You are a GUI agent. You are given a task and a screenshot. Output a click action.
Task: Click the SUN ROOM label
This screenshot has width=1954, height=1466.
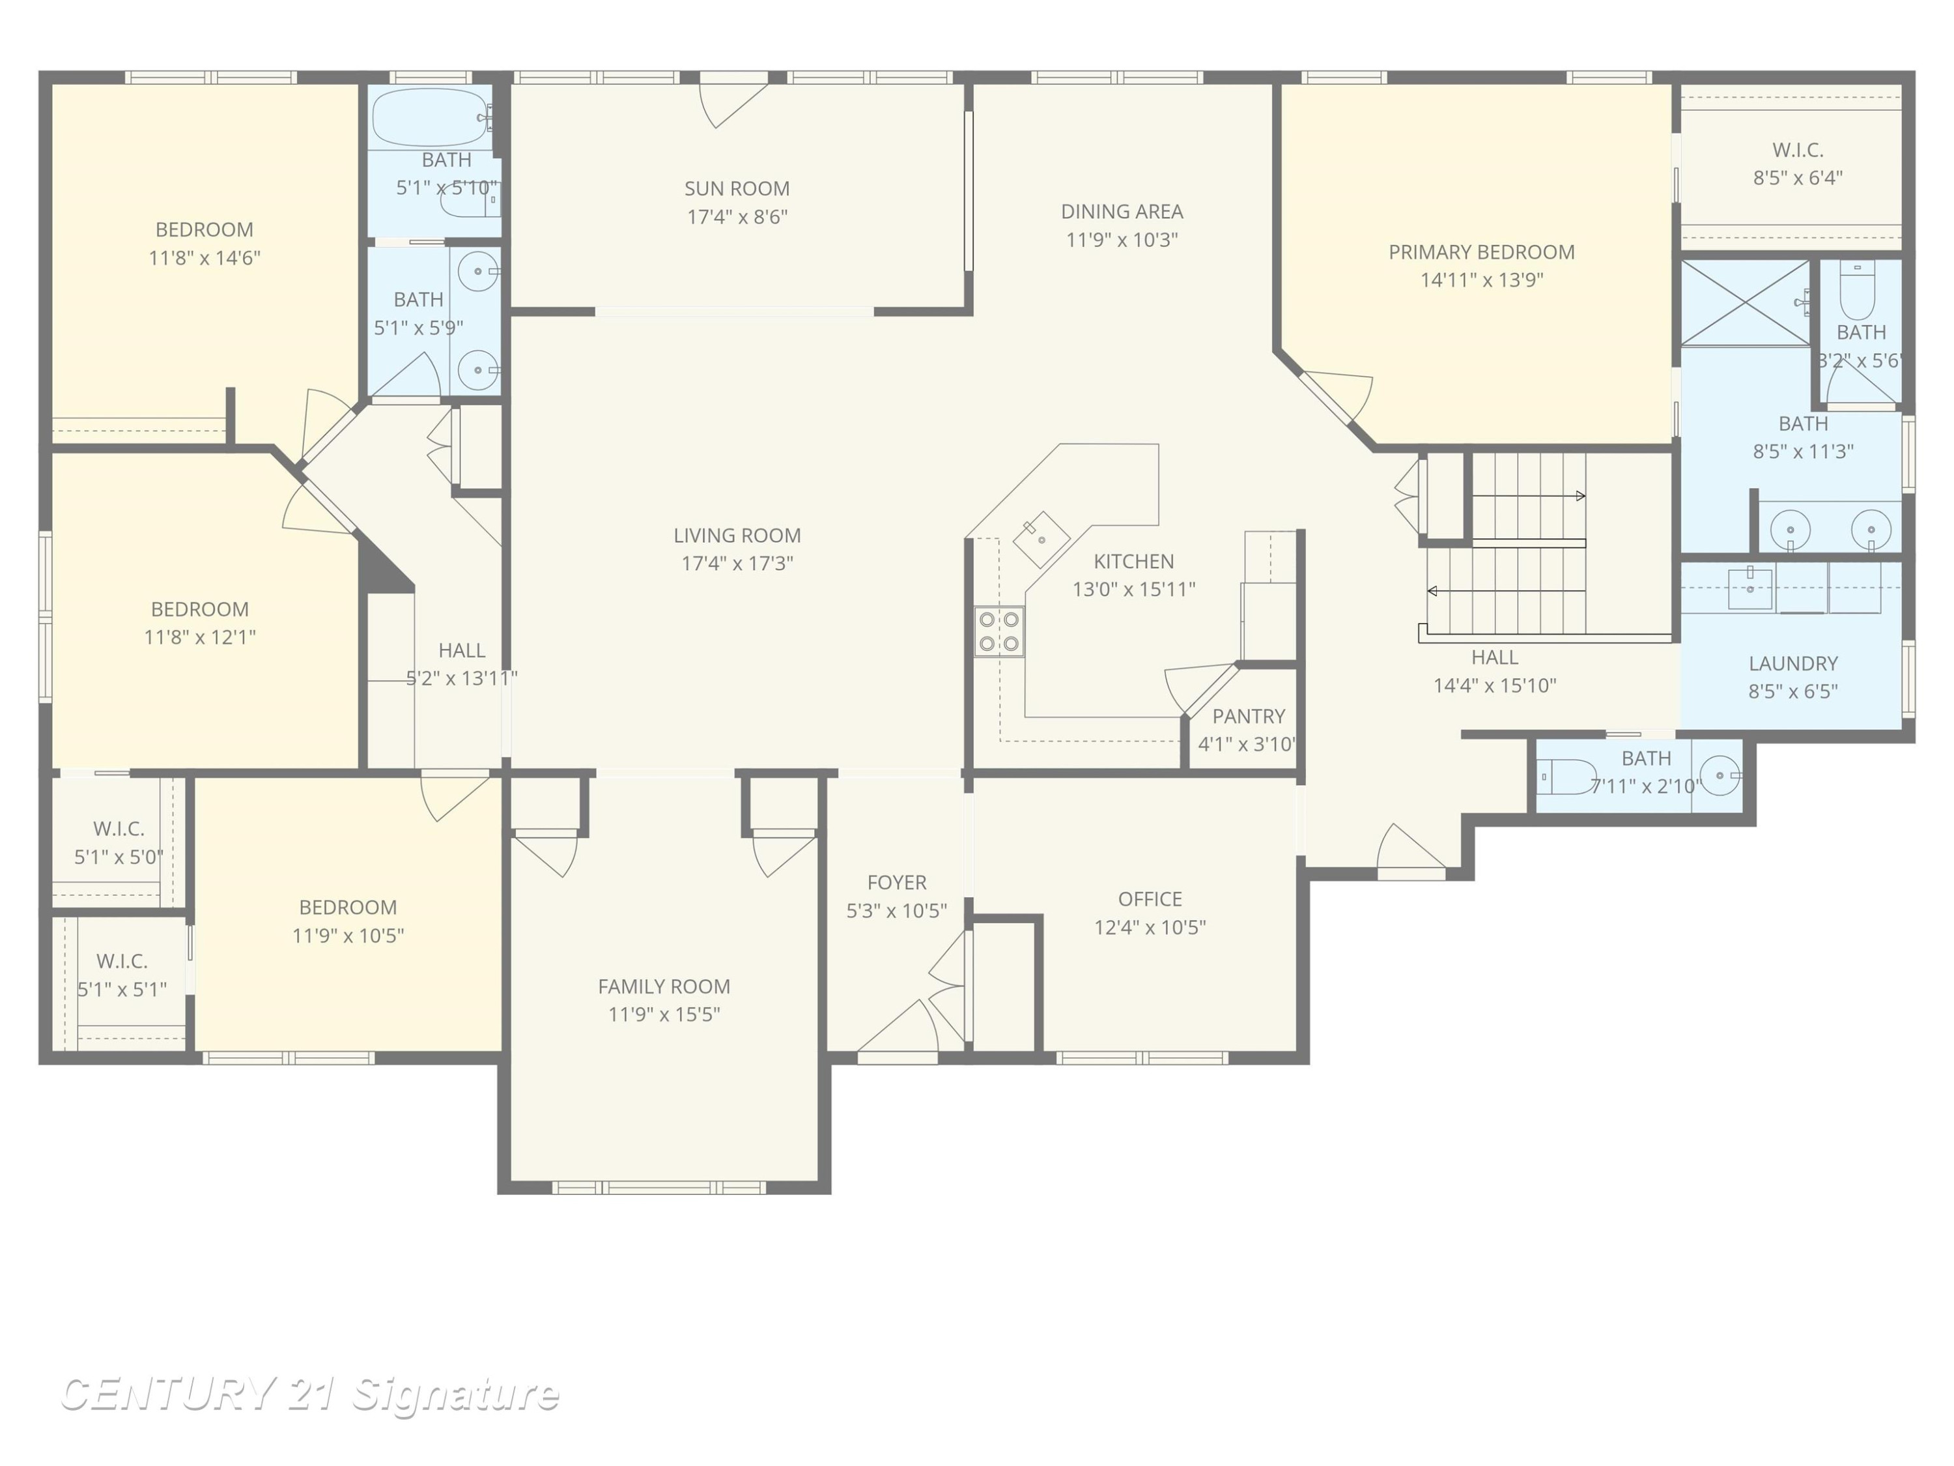(737, 188)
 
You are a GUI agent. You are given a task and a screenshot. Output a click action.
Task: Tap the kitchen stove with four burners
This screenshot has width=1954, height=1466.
(999, 631)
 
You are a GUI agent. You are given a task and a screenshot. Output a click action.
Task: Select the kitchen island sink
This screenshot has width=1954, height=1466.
(1041, 538)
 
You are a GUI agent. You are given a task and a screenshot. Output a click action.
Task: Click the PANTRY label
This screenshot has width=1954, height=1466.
(1248, 716)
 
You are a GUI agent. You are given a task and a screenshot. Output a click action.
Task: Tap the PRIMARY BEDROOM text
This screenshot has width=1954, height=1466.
(1481, 252)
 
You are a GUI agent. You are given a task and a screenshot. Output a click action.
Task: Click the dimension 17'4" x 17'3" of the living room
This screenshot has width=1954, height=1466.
(737, 563)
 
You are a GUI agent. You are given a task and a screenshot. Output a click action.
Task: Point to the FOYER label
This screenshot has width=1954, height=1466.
(897, 882)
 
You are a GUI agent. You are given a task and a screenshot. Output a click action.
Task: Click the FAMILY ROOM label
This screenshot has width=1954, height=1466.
(664, 986)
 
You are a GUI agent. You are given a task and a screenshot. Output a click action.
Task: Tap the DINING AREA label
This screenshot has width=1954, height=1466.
(1122, 211)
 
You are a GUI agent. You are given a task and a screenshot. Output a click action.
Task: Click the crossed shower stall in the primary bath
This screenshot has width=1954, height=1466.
(1746, 303)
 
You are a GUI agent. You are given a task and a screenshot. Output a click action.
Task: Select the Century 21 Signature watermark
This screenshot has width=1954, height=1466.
(309, 1394)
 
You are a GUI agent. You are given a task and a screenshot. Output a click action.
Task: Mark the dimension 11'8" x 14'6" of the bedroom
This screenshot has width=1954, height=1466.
(204, 258)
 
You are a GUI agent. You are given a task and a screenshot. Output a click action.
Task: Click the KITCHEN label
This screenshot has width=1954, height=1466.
(1133, 561)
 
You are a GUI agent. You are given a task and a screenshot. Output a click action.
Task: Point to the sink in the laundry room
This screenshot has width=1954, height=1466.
(1750, 588)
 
